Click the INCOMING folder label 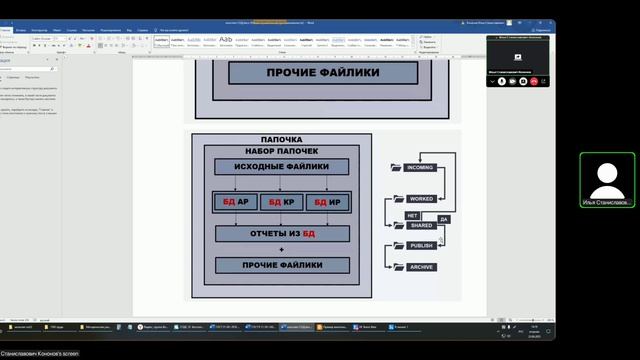tap(420, 167)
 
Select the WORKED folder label tap(421, 199)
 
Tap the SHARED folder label tap(421, 226)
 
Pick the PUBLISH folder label tap(421, 245)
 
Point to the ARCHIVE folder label tap(421, 267)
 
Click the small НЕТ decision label tap(411, 215)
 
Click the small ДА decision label tap(443, 218)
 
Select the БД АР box tap(235, 202)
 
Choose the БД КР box tap(281, 202)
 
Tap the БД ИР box tap(327, 202)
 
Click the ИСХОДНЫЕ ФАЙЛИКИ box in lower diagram tap(281, 167)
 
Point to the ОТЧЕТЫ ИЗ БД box tap(281, 233)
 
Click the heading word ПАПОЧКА tap(281, 140)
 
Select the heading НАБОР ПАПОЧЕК tap(281, 151)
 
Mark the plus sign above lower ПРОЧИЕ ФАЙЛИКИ tap(281, 249)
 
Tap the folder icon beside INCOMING tap(397, 167)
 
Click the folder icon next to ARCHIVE tap(397, 267)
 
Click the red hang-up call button tap(535, 81)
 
